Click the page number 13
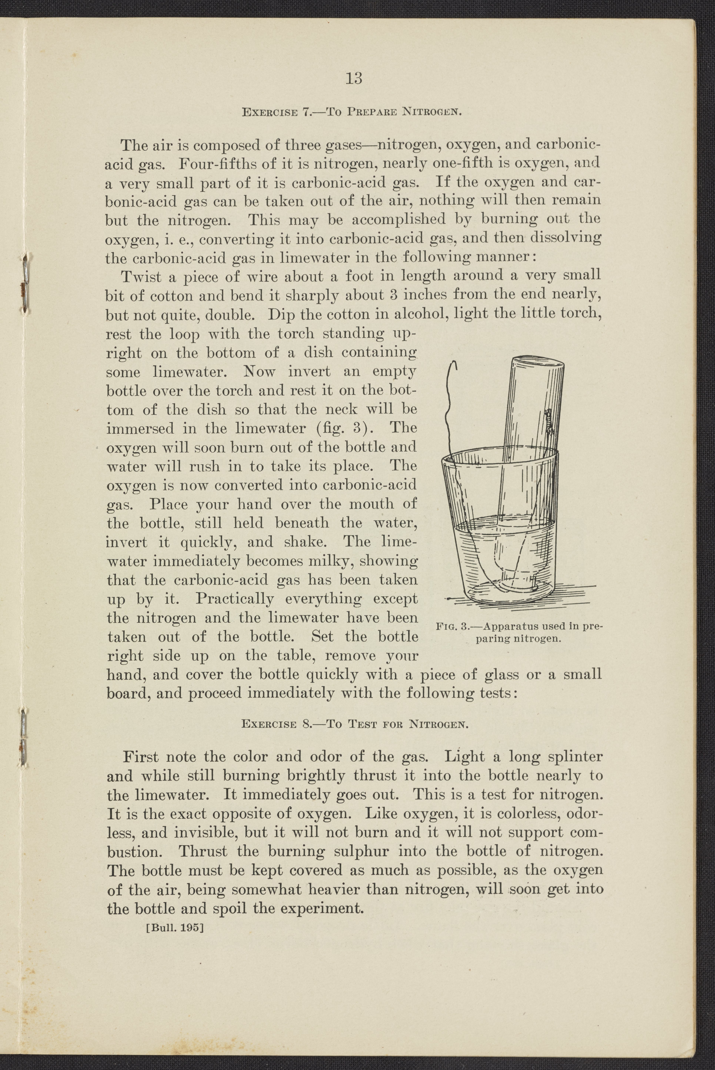[354, 79]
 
